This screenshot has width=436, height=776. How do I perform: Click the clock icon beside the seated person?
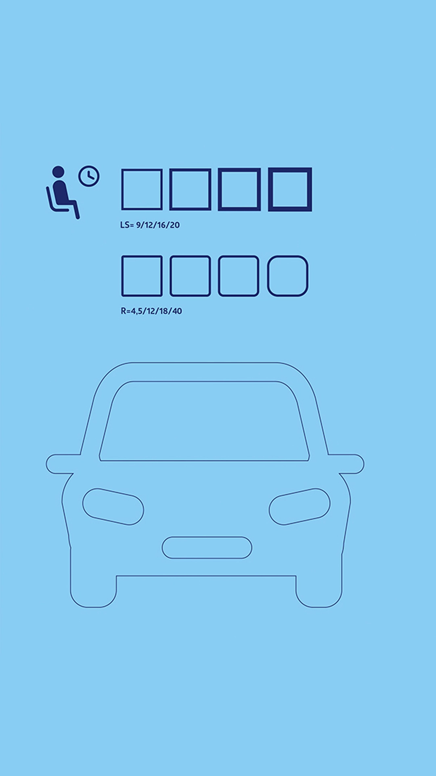tap(89, 176)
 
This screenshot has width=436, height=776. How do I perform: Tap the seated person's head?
tap(58, 171)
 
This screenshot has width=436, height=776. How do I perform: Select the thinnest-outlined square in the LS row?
tap(142, 190)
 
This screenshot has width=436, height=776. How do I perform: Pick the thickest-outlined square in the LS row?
tap(290, 190)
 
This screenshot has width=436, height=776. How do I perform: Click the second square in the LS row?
tap(190, 190)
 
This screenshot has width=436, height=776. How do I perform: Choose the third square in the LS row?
tap(239, 190)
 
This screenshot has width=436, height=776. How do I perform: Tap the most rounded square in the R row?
tap(287, 276)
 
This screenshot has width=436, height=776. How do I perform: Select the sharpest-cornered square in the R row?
tap(142, 276)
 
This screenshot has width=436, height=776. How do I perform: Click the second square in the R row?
tap(190, 276)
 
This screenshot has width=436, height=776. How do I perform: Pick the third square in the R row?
tap(239, 276)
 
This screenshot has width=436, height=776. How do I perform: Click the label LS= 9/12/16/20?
tap(150, 225)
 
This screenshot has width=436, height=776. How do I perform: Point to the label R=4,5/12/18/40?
tap(151, 311)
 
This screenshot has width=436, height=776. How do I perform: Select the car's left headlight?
tap(113, 506)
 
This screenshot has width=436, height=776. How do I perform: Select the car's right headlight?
tap(300, 506)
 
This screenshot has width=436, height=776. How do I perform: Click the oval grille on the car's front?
tap(207, 548)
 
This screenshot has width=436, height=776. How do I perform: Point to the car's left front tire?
tap(93, 590)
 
